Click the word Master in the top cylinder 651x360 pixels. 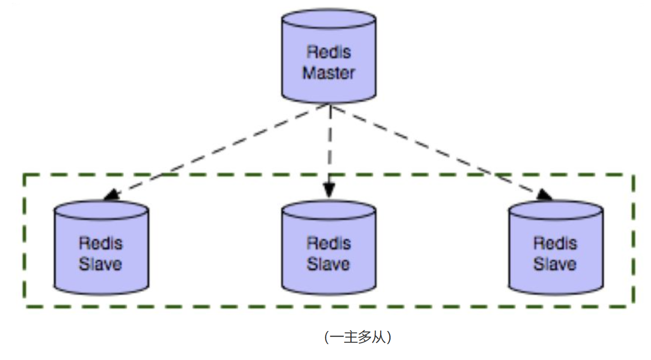pyautogui.click(x=329, y=73)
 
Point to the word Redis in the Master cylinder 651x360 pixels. pyautogui.click(x=329, y=52)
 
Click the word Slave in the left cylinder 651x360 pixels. pyautogui.click(x=101, y=264)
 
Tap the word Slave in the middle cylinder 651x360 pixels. pyautogui.click(x=329, y=264)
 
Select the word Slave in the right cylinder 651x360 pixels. pyautogui.click(x=556, y=264)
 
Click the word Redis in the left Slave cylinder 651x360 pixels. pyautogui.click(x=101, y=243)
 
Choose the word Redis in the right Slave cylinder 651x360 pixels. pyautogui.click(x=556, y=243)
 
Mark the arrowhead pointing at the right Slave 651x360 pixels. pyautogui.click(x=544, y=194)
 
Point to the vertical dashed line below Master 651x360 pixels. pyautogui.click(x=330, y=140)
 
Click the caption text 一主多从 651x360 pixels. pyautogui.click(x=358, y=337)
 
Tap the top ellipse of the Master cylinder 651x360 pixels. pyautogui.click(x=329, y=18)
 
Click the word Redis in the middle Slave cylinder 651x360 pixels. pyautogui.click(x=329, y=243)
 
